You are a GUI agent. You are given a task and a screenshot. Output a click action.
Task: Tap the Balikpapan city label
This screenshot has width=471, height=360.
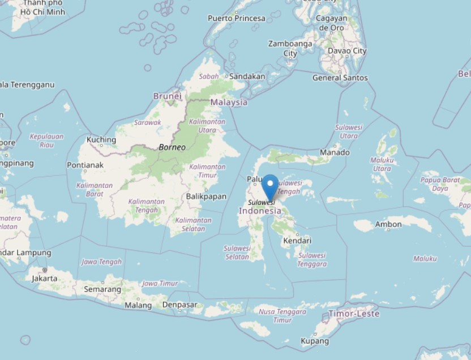pyautogui.click(x=206, y=196)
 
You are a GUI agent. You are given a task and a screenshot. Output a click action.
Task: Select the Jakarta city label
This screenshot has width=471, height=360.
pyautogui.click(x=44, y=278)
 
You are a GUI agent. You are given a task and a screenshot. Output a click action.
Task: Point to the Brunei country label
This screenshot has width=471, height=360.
pyautogui.click(x=167, y=96)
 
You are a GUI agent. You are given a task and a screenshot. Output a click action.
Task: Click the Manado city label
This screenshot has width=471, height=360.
pyautogui.click(x=334, y=152)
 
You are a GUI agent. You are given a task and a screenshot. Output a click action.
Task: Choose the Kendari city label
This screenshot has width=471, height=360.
pyautogui.click(x=297, y=241)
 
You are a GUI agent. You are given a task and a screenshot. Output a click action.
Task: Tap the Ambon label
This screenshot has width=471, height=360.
pyautogui.click(x=388, y=224)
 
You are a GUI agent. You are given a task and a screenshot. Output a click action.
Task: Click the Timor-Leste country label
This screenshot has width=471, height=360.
pyautogui.click(x=356, y=313)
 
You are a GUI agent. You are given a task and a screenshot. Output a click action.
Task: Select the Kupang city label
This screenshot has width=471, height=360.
pyautogui.click(x=315, y=341)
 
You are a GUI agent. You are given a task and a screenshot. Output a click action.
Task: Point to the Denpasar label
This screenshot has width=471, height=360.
pyautogui.click(x=179, y=305)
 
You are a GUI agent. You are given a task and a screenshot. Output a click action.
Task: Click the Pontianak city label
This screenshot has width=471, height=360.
pyautogui.click(x=85, y=165)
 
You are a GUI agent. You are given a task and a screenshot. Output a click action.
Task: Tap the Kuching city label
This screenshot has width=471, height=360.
pyautogui.click(x=101, y=140)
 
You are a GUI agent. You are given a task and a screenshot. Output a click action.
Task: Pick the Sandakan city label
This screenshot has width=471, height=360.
pyautogui.click(x=247, y=76)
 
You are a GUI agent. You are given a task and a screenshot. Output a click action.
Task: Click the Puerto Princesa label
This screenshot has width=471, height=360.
pyautogui.click(x=237, y=18)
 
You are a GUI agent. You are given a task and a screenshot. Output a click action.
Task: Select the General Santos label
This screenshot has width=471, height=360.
pyautogui.click(x=340, y=78)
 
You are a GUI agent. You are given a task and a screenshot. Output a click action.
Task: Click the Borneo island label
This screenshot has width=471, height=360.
pyautogui.click(x=172, y=147)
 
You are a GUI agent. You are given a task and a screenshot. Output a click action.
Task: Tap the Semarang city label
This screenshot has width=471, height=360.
pyautogui.click(x=102, y=289)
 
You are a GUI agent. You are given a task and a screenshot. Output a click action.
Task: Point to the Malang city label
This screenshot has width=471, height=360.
pyautogui.click(x=138, y=305)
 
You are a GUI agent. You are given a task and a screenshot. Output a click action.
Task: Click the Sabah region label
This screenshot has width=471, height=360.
pyautogui.click(x=209, y=76)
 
